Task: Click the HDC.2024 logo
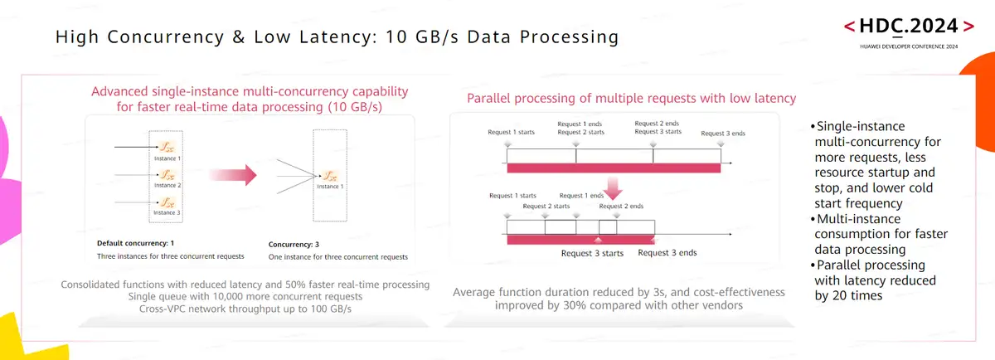908,26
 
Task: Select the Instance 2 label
167,185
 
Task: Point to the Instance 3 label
167,213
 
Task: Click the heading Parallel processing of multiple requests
631,98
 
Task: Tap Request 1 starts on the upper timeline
510,131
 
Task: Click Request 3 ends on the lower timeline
667,252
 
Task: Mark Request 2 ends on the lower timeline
621,206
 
